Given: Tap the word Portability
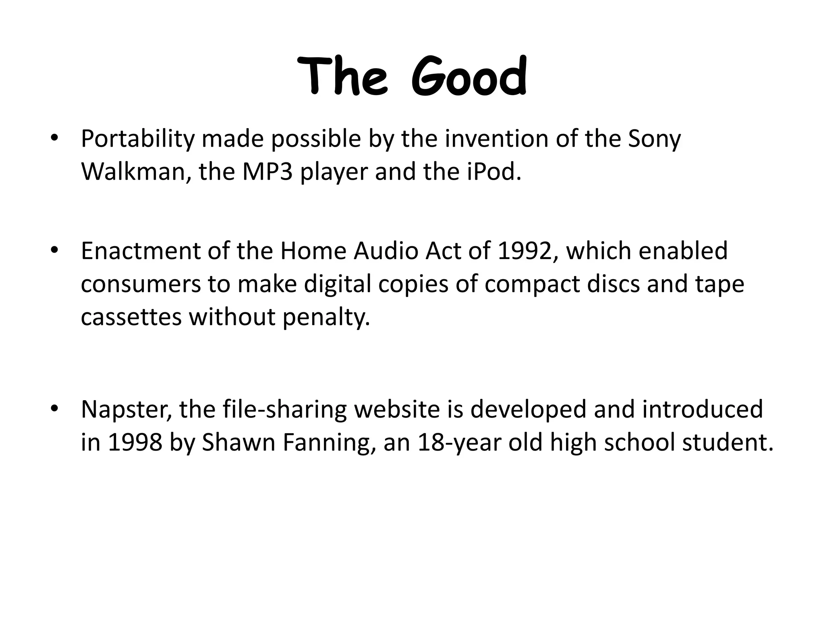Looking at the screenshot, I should tap(137, 139).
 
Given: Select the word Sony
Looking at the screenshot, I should tap(654, 139).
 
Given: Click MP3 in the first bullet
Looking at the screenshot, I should tap(267, 172).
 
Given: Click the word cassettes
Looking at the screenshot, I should tap(131, 317).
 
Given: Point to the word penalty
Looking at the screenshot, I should tap(325, 317).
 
